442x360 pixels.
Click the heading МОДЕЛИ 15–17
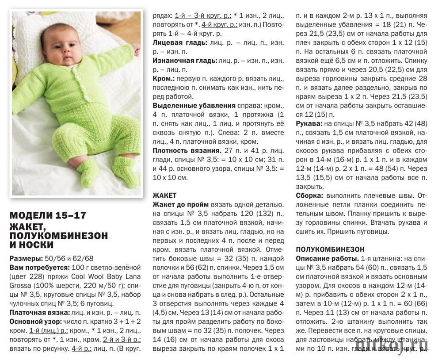point(48,215)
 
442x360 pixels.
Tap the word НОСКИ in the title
point(37,244)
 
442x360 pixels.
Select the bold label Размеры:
point(25,258)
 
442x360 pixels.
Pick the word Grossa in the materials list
point(21,285)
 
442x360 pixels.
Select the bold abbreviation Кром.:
point(163,78)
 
